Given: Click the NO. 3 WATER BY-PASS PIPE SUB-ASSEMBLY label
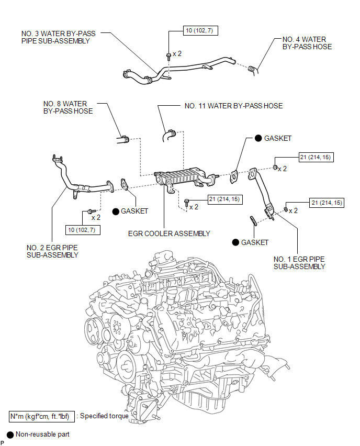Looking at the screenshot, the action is click(x=58, y=37).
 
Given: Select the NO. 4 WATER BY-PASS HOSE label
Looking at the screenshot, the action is click(x=307, y=43).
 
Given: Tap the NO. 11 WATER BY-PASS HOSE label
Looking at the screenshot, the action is click(x=233, y=106).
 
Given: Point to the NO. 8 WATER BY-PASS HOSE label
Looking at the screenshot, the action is click(x=68, y=107).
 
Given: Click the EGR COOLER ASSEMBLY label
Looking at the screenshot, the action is click(x=169, y=233).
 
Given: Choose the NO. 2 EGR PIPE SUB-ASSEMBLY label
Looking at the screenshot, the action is click(x=52, y=251).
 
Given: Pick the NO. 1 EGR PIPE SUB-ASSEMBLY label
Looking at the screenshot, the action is click(x=299, y=263).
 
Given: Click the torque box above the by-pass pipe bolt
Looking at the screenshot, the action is click(x=200, y=31).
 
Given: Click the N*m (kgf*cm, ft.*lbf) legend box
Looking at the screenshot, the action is click(x=42, y=416).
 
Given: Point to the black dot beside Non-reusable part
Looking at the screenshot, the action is click(x=10, y=435).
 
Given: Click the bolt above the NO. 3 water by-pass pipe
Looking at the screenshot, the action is click(x=168, y=55).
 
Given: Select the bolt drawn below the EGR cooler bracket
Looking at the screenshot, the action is click(x=186, y=203).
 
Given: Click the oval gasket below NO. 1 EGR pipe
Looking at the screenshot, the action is click(x=253, y=221).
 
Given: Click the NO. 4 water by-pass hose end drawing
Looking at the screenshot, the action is click(x=253, y=70).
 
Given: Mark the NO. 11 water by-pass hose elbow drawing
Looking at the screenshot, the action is click(x=169, y=136).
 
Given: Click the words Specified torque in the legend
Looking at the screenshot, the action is click(x=104, y=416).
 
